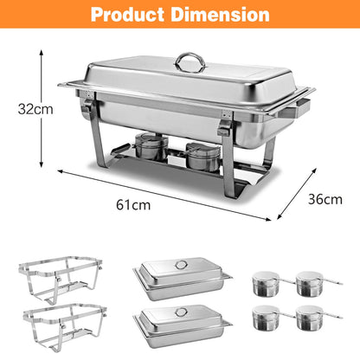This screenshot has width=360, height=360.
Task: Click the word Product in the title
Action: (128, 14)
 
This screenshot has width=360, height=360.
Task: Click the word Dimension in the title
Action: (220, 14)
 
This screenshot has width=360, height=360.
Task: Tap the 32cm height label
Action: (35, 109)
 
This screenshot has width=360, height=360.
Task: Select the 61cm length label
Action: (133, 205)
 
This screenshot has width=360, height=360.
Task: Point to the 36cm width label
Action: (325, 199)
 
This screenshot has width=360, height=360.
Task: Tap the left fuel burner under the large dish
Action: (151, 146)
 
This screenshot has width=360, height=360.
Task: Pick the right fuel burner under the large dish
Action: (203, 157)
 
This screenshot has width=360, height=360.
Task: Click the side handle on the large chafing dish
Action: (294, 108)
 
